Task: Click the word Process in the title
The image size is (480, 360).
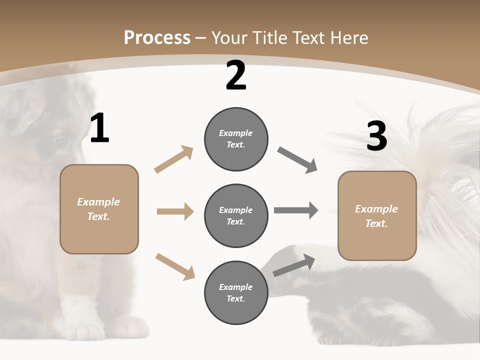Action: [x=157, y=37]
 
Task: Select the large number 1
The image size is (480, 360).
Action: [x=99, y=128]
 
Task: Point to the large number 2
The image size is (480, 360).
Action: [x=236, y=75]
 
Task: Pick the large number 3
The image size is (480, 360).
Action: [x=376, y=136]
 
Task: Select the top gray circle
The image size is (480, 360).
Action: [x=236, y=139]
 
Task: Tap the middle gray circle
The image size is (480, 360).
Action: [x=236, y=215]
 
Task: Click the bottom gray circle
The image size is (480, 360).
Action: [x=236, y=292]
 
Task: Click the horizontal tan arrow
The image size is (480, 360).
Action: [x=175, y=211]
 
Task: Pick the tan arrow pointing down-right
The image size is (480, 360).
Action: [x=175, y=266]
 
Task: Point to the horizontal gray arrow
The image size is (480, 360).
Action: [x=296, y=210]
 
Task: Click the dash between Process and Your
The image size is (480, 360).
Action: [x=201, y=38]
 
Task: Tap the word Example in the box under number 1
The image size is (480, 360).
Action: [x=98, y=202]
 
